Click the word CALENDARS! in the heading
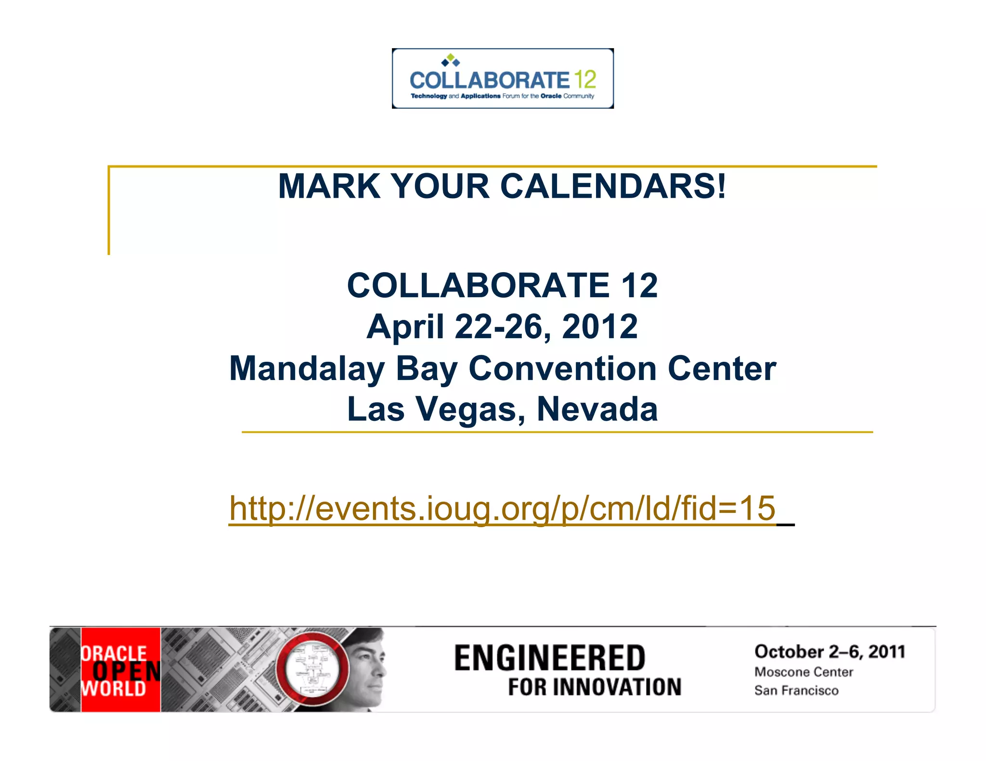[x=613, y=186]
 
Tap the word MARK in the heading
[x=329, y=186]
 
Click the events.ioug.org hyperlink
[x=502, y=508]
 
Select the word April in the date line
[x=405, y=327]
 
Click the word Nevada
[x=597, y=409]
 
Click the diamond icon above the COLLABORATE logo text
[x=451, y=60]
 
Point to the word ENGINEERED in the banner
[x=549, y=658]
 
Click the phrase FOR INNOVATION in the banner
[x=595, y=687]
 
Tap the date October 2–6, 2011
[x=830, y=652]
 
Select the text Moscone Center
[x=804, y=672]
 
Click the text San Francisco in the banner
[x=796, y=690]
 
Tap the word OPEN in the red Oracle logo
[x=126, y=672]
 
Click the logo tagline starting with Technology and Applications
[x=502, y=96]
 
